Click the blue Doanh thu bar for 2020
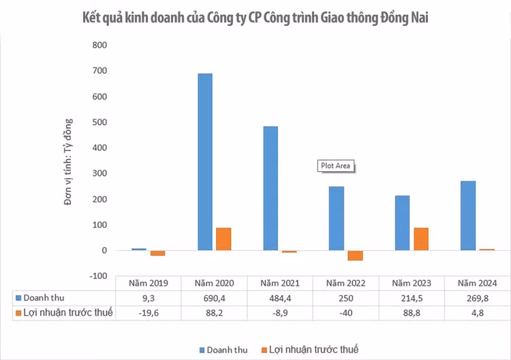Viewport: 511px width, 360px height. pyautogui.click(x=204, y=162)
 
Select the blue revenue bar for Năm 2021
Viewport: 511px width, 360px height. pyautogui.click(x=270, y=188)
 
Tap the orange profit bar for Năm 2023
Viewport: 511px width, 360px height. pyautogui.click(x=420, y=239)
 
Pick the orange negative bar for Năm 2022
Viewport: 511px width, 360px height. pyautogui.click(x=355, y=256)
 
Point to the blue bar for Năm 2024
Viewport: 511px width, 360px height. pyautogui.click(x=468, y=215)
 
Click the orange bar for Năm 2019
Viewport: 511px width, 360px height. pyautogui.click(x=157, y=253)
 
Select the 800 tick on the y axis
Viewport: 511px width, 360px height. pyautogui.click(x=100, y=45)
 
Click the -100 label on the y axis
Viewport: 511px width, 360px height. pyautogui.click(x=98, y=275)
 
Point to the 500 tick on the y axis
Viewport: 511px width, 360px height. pyautogui.click(x=100, y=122)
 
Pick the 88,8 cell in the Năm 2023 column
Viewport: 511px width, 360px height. pyautogui.click(x=412, y=313)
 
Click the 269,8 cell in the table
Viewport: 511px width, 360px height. pyautogui.click(x=477, y=298)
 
